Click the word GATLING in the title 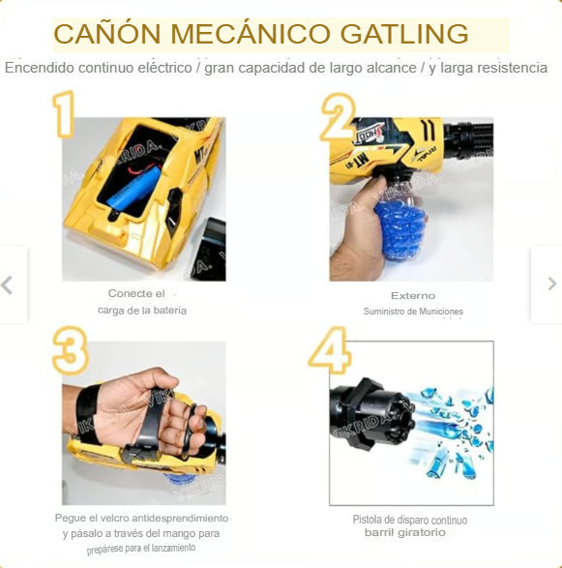(x=404, y=34)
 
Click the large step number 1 (x=64, y=114)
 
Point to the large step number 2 (x=338, y=117)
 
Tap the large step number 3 (x=71, y=350)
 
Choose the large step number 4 (x=330, y=349)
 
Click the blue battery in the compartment (x=134, y=188)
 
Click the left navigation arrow (x=7, y=284)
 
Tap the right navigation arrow (x=552, y=284)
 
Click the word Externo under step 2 (x=413, y=295)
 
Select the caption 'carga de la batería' (x=142, y=311)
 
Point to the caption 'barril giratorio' (x=405, y=532)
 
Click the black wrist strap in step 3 (x=88, y=414)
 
